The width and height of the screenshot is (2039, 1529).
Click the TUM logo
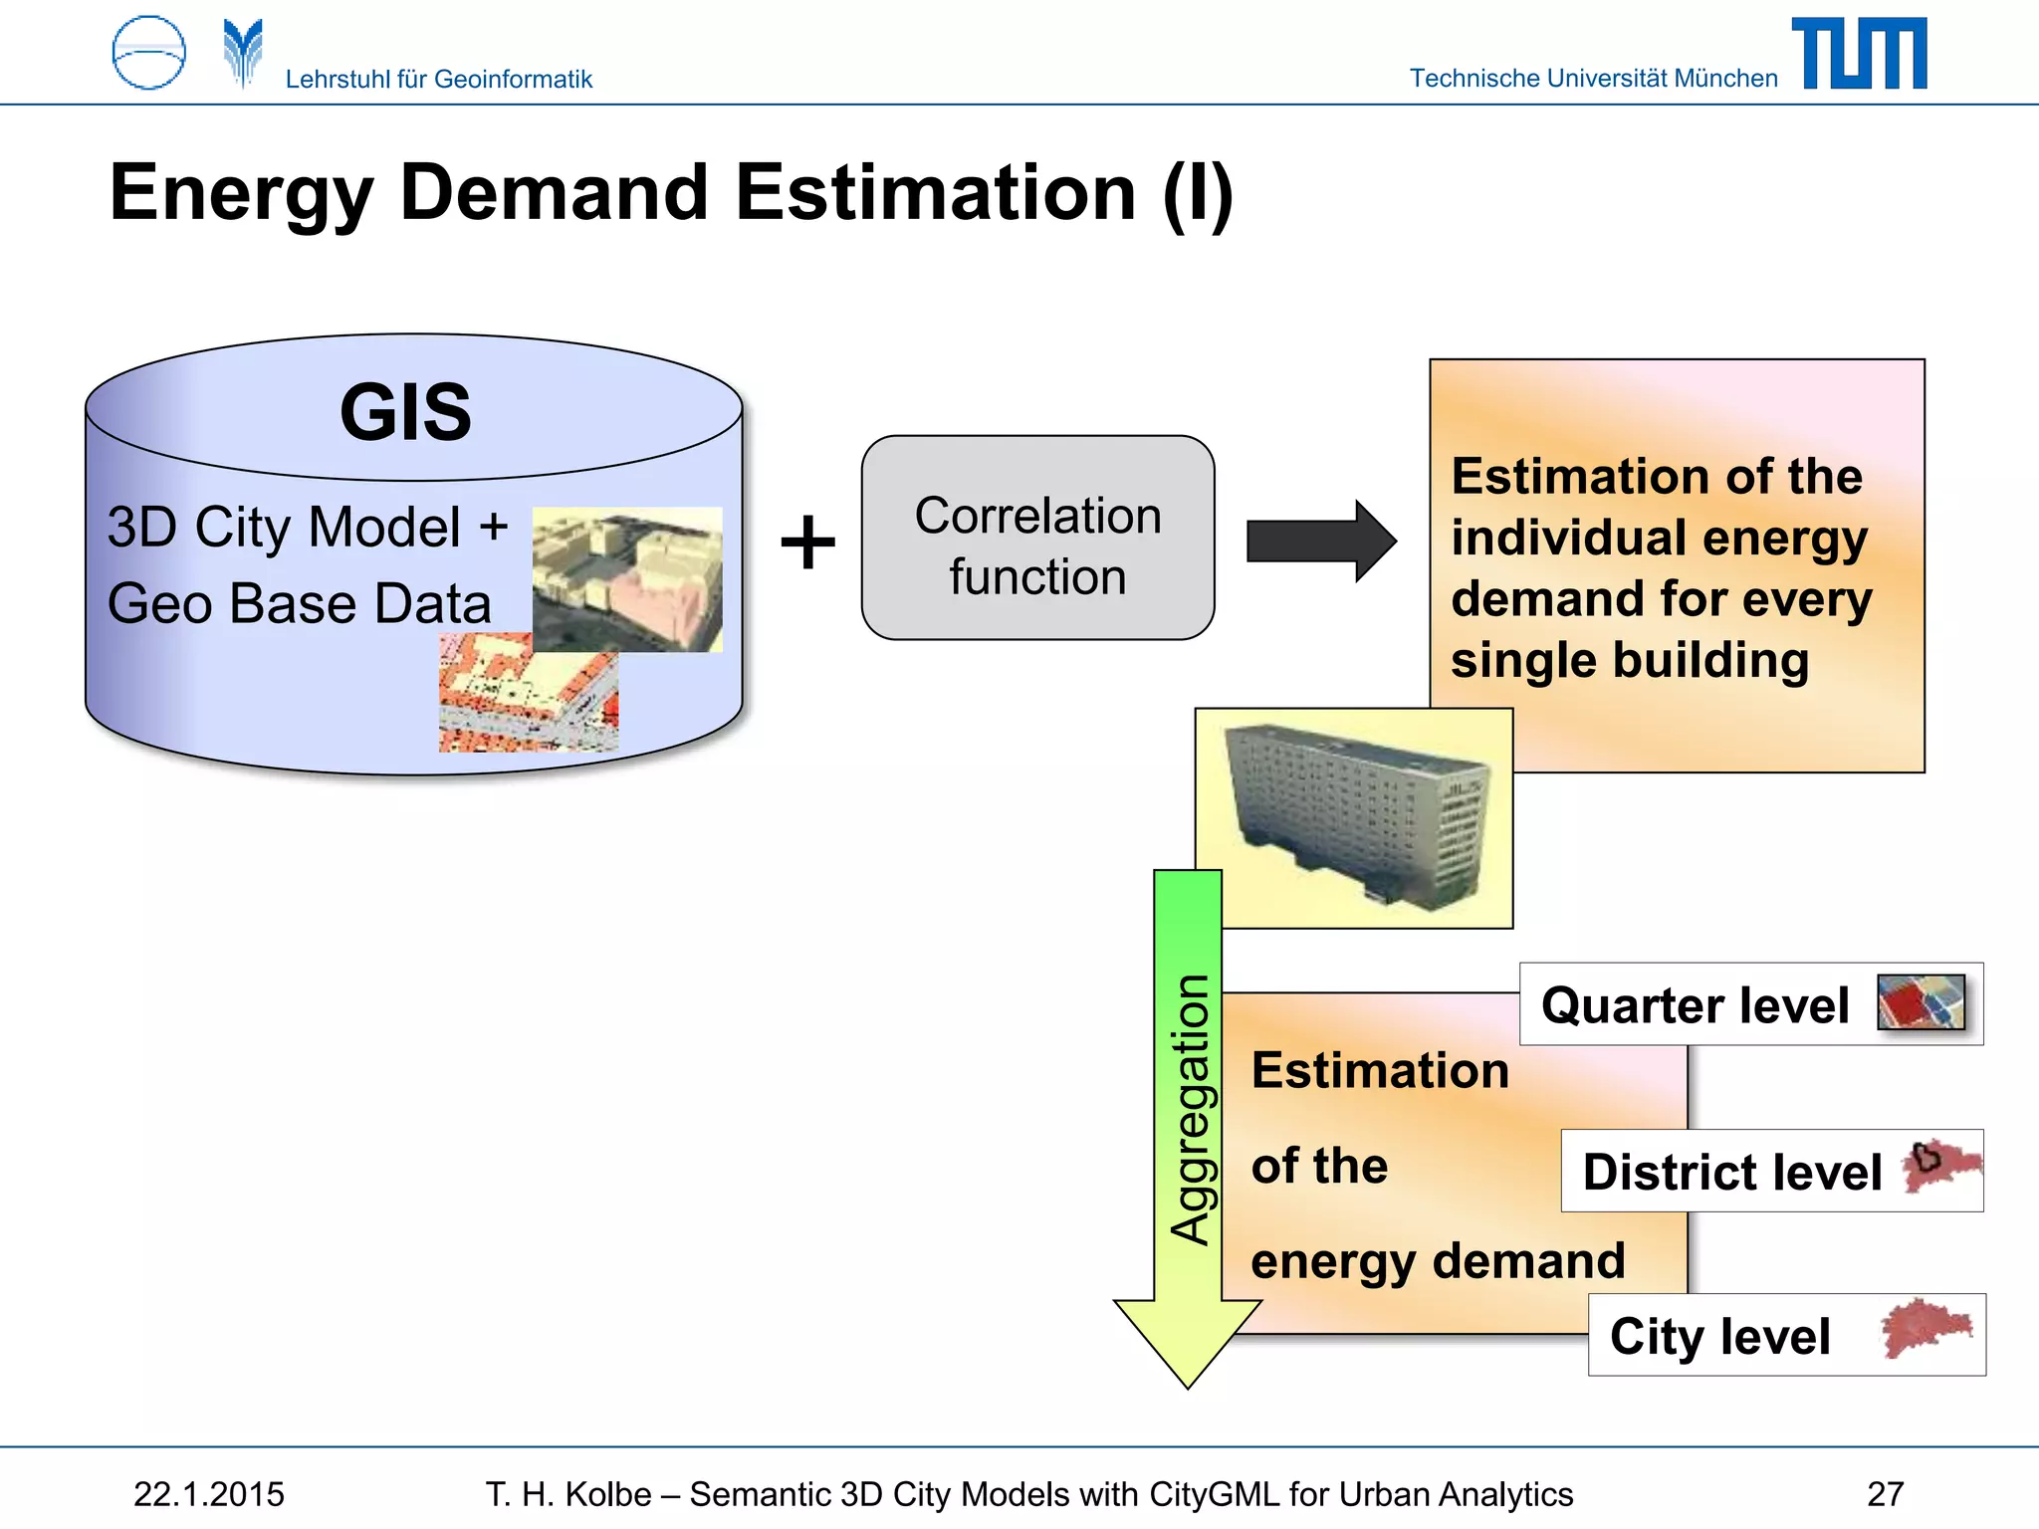1858,54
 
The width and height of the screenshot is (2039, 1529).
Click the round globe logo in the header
149,54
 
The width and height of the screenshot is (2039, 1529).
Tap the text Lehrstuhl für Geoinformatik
438,79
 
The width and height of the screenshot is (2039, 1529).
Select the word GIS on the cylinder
405,412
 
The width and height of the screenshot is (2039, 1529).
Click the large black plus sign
807,543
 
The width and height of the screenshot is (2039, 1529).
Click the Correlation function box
1037,538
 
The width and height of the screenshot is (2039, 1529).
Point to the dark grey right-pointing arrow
1320,541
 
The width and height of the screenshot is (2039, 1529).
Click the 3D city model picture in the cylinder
627,579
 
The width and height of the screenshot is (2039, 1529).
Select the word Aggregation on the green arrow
1190,1110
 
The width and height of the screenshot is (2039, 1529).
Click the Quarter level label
1695,1004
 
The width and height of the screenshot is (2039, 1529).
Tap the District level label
1731,1172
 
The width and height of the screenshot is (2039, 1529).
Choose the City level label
1719,1336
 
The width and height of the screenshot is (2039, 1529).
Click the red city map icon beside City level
1926,1329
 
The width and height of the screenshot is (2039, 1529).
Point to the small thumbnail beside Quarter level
1921,1002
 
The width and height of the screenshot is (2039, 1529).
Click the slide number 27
1885,1494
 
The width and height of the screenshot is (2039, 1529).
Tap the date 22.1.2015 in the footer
209,1494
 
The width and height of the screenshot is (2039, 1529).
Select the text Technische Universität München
1593,79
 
